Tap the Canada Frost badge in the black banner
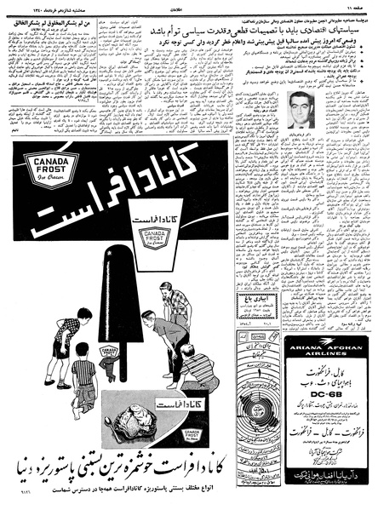tap(51, 168)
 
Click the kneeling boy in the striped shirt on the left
tap(83, 383)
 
